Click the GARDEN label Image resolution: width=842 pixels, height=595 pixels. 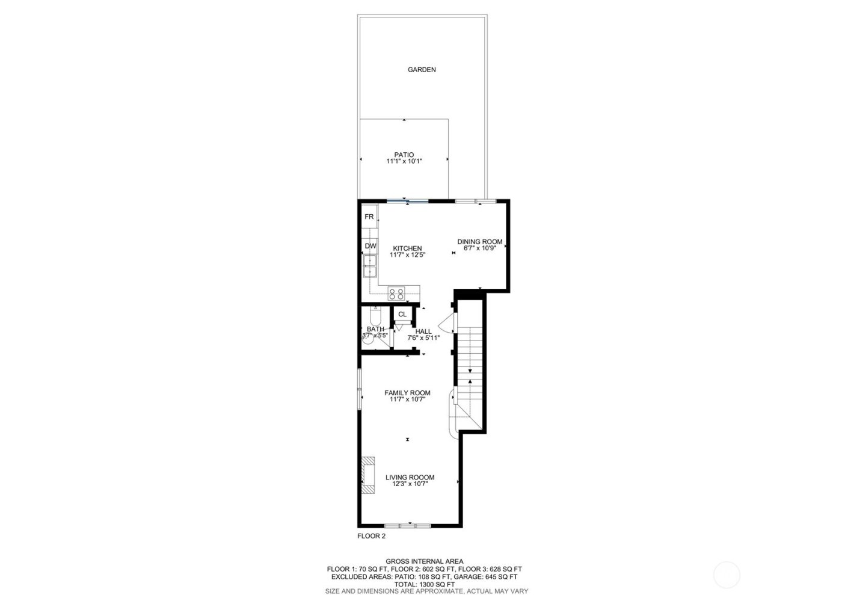click(x=422, y=70)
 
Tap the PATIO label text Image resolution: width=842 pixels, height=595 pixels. click(x=404, y=155)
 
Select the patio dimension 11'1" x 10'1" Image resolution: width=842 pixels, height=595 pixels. click(x=404, y=161)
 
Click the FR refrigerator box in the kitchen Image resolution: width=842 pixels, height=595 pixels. click(x=369, y=217)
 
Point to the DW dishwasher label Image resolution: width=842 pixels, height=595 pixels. click(x=370, y=246)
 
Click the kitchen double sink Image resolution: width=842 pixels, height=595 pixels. click(x=369, y=265)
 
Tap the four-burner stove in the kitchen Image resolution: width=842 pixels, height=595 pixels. click(x=396, y=294)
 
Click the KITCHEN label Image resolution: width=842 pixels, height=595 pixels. click(x=407, y=248)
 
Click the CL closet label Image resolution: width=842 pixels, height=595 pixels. click(x=402, y=314)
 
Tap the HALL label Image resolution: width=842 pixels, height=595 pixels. click(x=423, y=331)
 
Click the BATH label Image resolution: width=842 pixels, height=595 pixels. click(x=375, y=329)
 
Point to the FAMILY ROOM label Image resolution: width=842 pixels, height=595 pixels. click(x=407, y=393)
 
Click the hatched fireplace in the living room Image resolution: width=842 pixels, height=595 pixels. click(x=367, y=475)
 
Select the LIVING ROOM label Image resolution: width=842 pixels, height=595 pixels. click(x=410, y=478)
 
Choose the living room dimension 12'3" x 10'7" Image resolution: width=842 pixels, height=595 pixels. click(x=410, y=484)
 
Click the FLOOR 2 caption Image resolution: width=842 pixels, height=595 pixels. click(x=371, y=536)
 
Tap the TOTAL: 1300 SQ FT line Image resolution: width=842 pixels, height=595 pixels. click(x=424, y=584)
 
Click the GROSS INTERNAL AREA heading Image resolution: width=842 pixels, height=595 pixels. click(x=424, y=561)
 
